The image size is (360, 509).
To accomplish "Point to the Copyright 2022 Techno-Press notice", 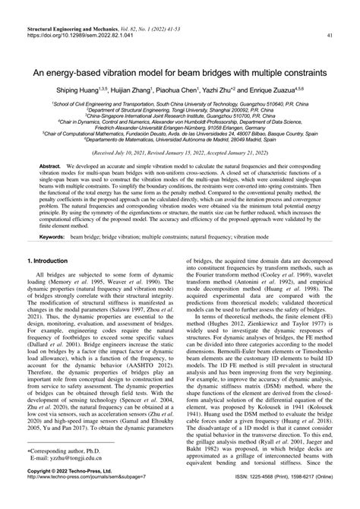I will point(56,493).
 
